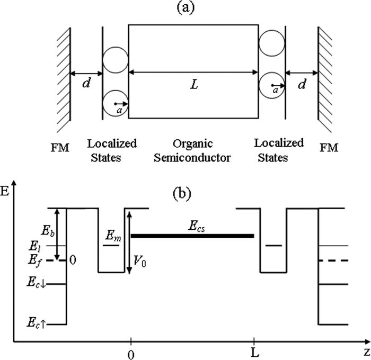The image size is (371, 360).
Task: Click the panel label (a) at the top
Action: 185,8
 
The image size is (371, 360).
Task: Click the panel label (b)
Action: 185,192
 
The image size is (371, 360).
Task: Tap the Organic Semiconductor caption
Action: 193,150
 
